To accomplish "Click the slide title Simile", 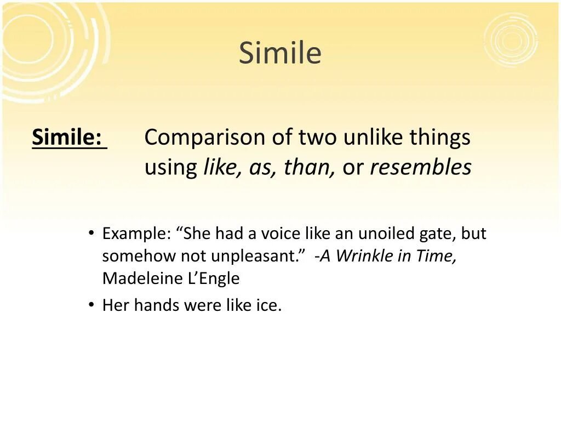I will [280, 53].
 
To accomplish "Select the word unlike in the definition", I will [374, 138].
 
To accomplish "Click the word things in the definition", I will [440, 138].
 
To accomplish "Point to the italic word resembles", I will [420, 168].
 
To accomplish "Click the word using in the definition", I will [170, 169].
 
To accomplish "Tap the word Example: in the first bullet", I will [136, 235].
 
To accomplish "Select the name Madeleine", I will [141, 278].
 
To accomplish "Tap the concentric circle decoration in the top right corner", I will [511, 39].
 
